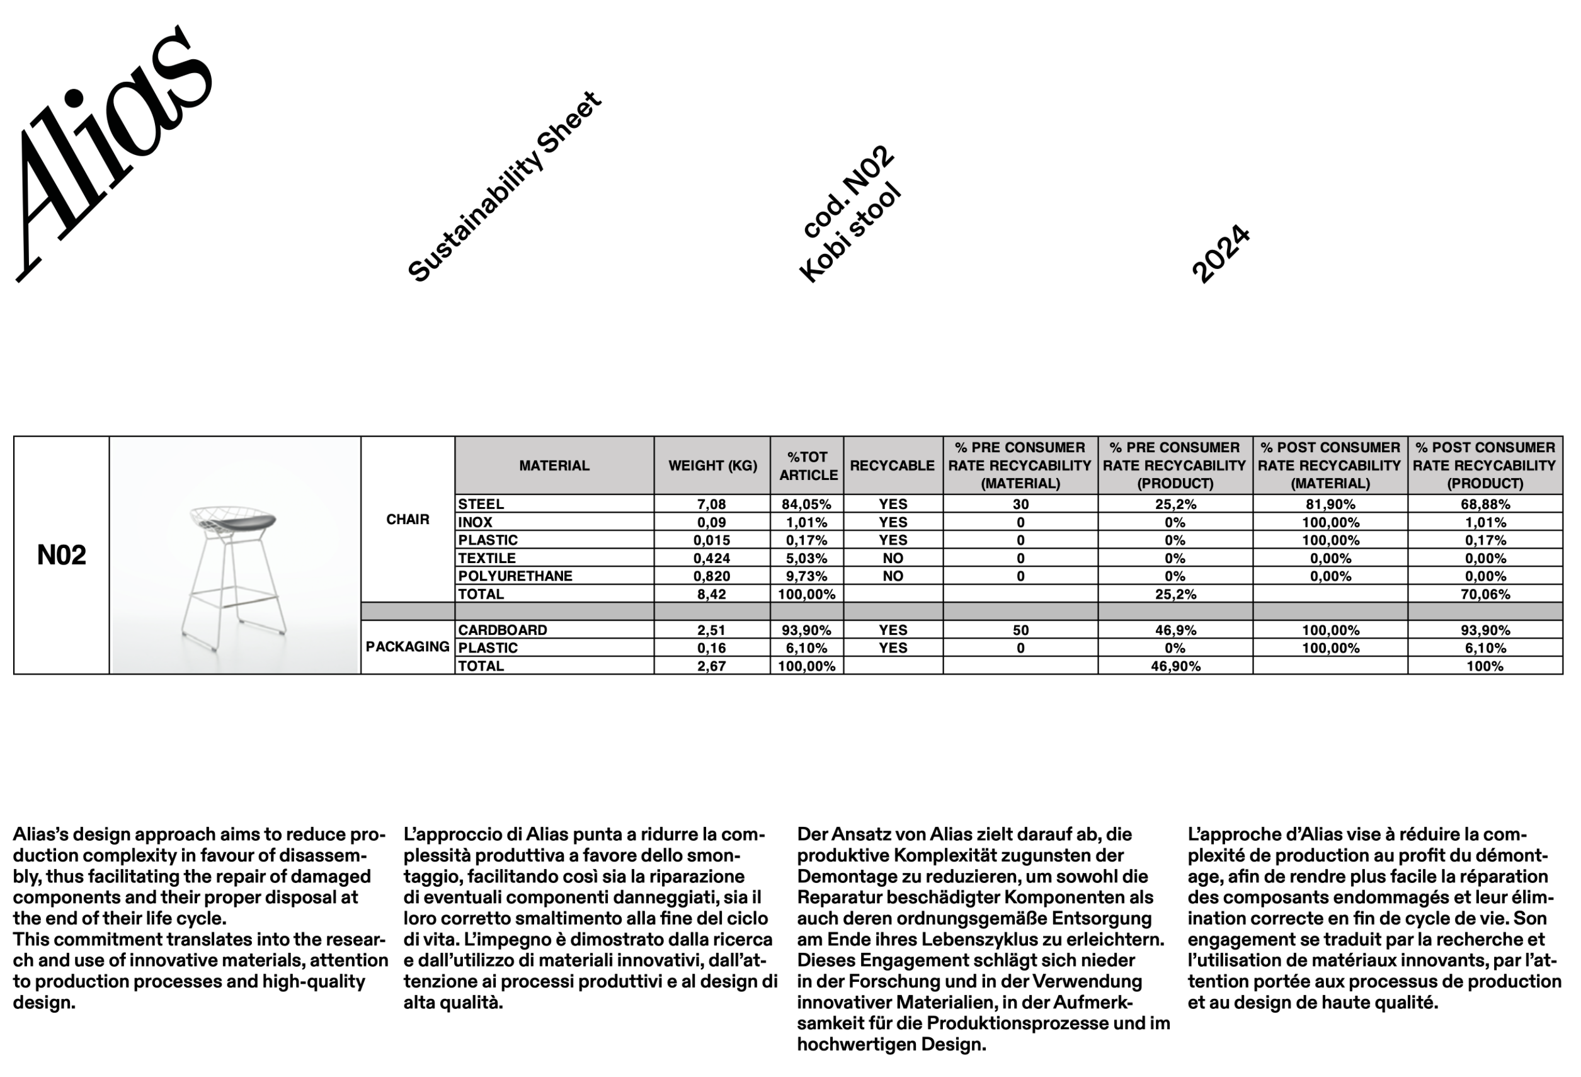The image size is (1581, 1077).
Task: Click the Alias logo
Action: point(112,153)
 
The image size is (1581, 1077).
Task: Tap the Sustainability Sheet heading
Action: point(504,187)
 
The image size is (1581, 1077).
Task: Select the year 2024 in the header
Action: point(1221,253)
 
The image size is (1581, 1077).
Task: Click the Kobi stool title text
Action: point(850,232)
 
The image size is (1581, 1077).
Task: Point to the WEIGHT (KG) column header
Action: point(712,466)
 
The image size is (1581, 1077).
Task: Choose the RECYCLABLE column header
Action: point(892,466)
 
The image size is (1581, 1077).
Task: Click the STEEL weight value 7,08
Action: point(712,504)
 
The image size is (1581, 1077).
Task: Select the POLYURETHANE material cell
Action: point(515,576)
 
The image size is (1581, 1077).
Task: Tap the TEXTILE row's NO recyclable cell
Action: point(893,559)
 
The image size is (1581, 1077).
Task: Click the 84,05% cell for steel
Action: point(807,504)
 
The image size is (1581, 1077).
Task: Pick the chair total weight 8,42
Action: point(712,595)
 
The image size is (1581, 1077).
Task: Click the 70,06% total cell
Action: point(1485,595)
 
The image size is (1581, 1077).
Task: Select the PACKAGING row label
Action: point(408,647)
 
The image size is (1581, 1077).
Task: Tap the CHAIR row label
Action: point(408,520)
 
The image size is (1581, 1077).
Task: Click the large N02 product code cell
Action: point(61,555)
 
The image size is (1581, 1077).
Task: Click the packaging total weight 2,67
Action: point(712,667)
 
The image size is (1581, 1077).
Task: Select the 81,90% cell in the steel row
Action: point(1330,504)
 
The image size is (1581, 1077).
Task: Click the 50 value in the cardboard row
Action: point(1020,630)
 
